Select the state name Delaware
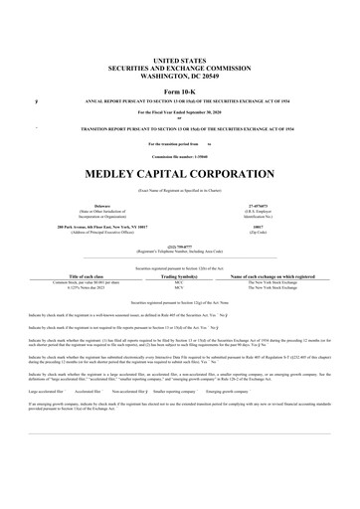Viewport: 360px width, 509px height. click(x=101, y=206)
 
